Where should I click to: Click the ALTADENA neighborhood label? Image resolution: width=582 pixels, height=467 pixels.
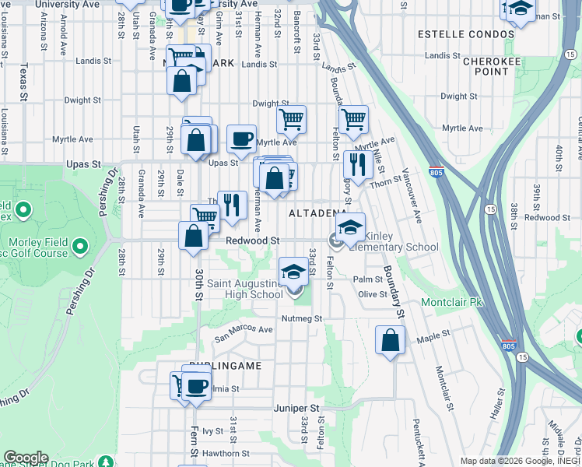click(317, 213)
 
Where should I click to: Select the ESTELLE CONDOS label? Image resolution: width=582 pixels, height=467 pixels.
click(466, 34)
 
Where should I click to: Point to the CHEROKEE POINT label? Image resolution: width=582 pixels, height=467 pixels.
click(486, 65)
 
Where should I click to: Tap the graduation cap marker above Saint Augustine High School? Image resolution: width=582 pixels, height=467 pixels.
click(293, 272)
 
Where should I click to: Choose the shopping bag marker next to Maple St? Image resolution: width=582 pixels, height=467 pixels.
click(390, 341)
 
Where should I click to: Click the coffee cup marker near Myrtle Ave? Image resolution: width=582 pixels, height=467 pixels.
click(241, 140)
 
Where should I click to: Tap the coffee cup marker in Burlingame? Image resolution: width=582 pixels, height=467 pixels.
click(197, 387)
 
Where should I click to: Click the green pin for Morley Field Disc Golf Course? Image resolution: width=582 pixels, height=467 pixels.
click(79, 247)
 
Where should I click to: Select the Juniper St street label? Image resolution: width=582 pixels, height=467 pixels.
click(296, 408)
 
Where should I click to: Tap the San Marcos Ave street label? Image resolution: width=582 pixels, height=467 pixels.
click(244, 332)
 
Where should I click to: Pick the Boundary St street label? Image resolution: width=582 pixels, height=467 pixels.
click(394, 292)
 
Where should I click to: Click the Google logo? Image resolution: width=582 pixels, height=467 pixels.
click(26, 458)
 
